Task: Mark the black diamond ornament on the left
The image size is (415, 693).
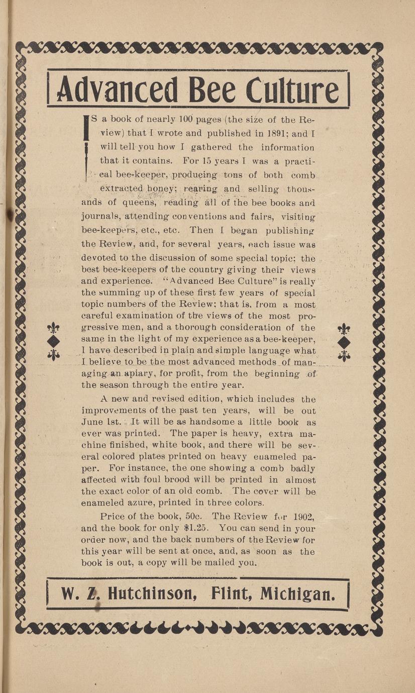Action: coord(53,341)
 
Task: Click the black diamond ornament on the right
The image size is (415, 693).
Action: coord(344,341)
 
